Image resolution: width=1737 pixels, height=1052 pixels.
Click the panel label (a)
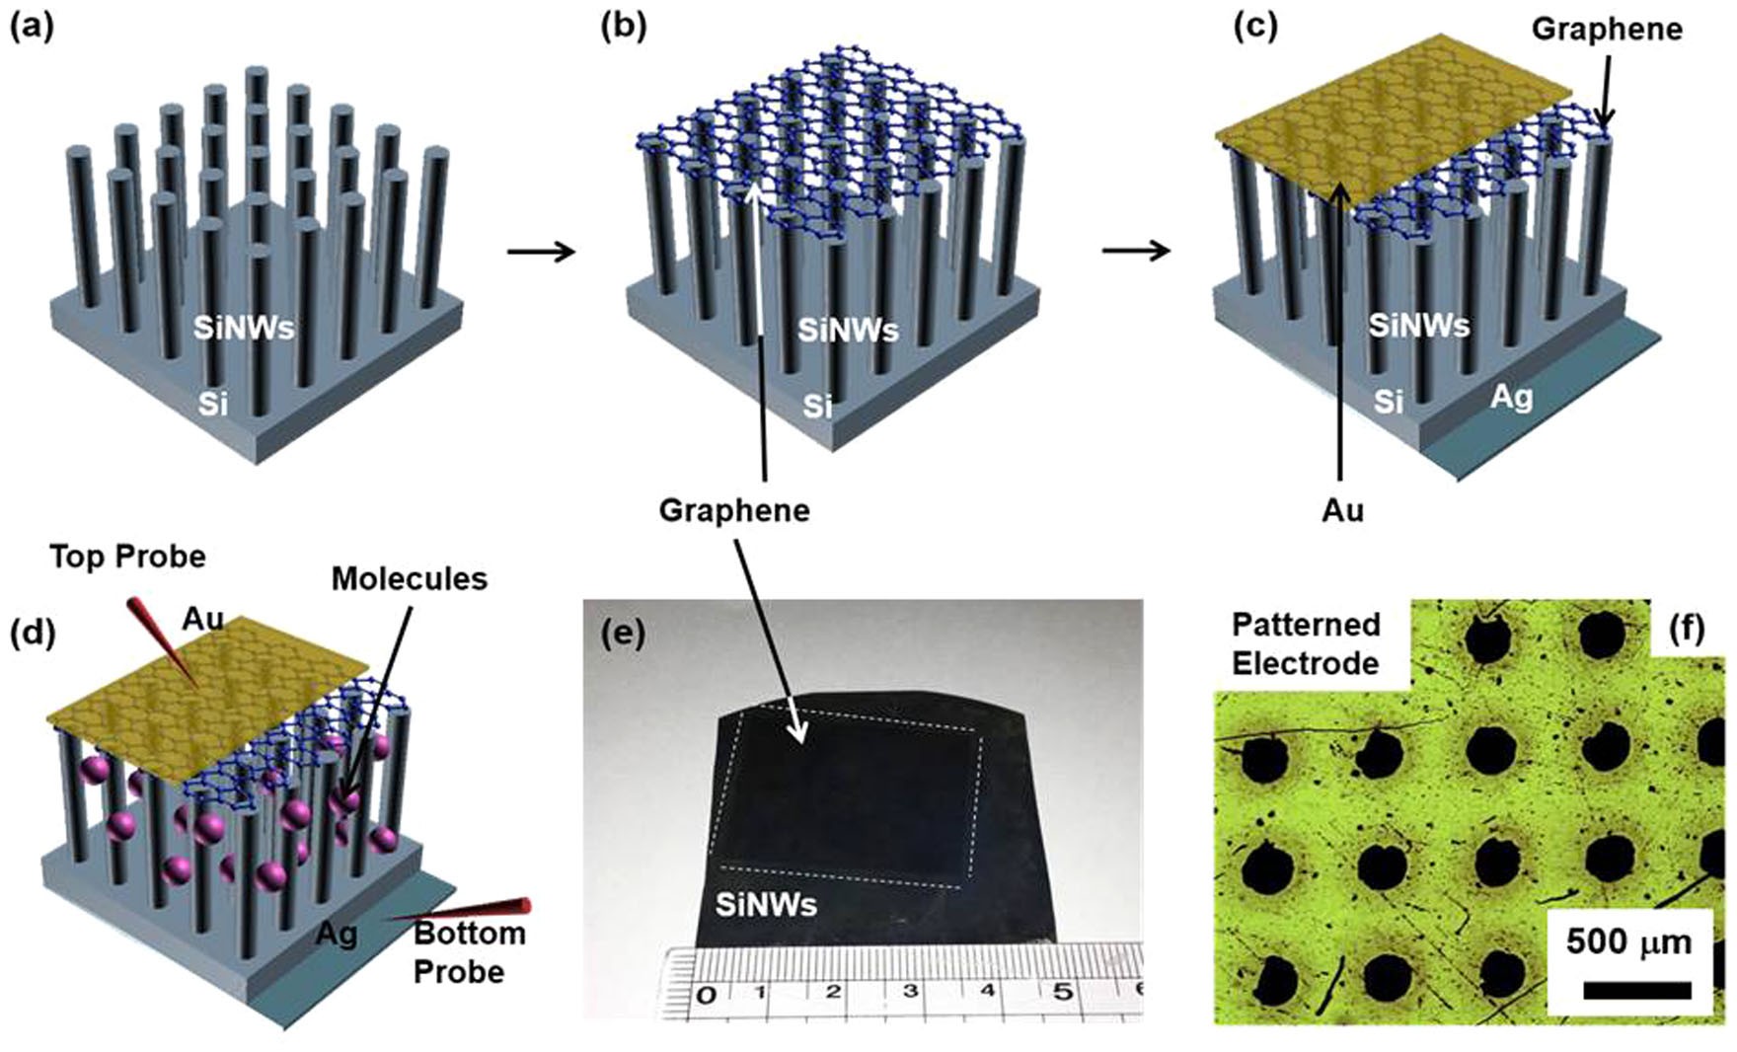point(31,27)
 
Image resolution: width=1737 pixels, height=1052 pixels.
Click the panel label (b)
point(624,27)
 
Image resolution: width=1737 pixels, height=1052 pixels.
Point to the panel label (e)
point(624,633)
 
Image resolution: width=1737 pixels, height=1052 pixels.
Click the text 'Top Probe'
point(127,557)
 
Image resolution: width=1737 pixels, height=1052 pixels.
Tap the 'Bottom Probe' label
point(464,952)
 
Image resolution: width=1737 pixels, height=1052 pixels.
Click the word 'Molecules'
point(409,578)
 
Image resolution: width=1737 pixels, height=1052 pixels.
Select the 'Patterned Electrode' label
point(1305,643)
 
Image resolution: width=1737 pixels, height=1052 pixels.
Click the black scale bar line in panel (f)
point(1636,990)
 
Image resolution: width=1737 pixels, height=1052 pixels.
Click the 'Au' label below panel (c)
point(1342,509)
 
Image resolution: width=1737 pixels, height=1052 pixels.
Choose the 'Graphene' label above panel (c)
point(1606,30)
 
